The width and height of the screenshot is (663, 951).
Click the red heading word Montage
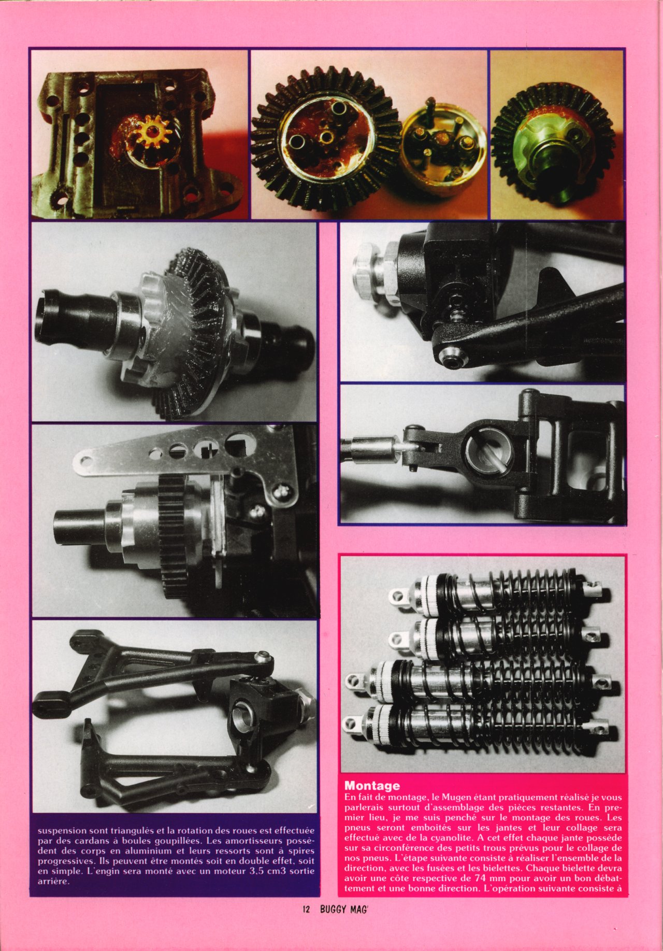372,786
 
